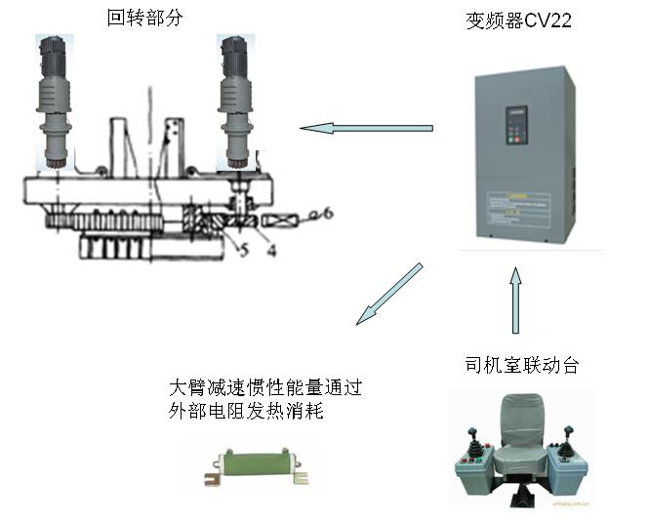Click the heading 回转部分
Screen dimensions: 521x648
coord(143,17)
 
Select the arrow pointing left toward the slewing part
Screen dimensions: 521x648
coord(366,127)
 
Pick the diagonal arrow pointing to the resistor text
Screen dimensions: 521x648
coord(389,293)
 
